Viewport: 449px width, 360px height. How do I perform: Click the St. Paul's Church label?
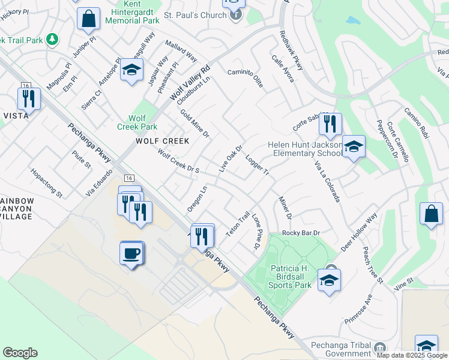point(193,13)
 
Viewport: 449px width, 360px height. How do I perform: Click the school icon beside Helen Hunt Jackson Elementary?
point(354,148)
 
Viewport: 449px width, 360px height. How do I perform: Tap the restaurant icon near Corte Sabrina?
point(330,124)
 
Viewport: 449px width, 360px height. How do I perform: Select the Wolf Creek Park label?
point(139,122)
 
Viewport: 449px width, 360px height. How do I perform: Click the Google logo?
point(20,353)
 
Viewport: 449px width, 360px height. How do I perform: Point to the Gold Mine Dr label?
point(194,123)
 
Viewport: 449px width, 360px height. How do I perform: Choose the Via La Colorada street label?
point(327,181)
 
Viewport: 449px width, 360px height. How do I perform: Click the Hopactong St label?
point(47,183)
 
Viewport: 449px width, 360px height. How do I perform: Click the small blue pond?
point(353,20)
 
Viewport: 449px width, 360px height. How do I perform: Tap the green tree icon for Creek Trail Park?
point(53,40)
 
